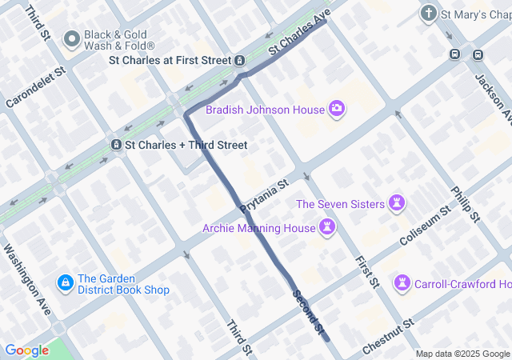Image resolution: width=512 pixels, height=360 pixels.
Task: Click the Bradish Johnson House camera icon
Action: click(337, 109)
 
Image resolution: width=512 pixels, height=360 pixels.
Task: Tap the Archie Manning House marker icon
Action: click(326, 229)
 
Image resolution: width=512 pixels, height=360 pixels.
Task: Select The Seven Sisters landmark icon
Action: click(398, 204)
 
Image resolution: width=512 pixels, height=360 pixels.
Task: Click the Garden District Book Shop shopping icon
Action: click(65, 283)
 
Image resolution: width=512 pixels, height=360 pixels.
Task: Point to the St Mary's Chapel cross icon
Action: click(429, 14)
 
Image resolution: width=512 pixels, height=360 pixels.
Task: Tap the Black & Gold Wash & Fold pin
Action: click(72, 38)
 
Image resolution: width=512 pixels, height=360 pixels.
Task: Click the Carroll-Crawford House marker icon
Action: click(402, 283)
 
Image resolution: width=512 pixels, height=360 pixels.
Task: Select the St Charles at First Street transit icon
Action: click(239, 60)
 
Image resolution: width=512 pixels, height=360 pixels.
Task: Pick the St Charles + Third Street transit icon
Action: click(116, 145)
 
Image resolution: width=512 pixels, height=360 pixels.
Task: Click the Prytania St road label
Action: click(264, 197)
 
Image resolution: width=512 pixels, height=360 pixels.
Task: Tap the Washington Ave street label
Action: click(27, 281)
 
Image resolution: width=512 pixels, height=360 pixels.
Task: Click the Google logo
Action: click(26, 350)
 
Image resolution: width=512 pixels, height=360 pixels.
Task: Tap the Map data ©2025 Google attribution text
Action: click(462, 354)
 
